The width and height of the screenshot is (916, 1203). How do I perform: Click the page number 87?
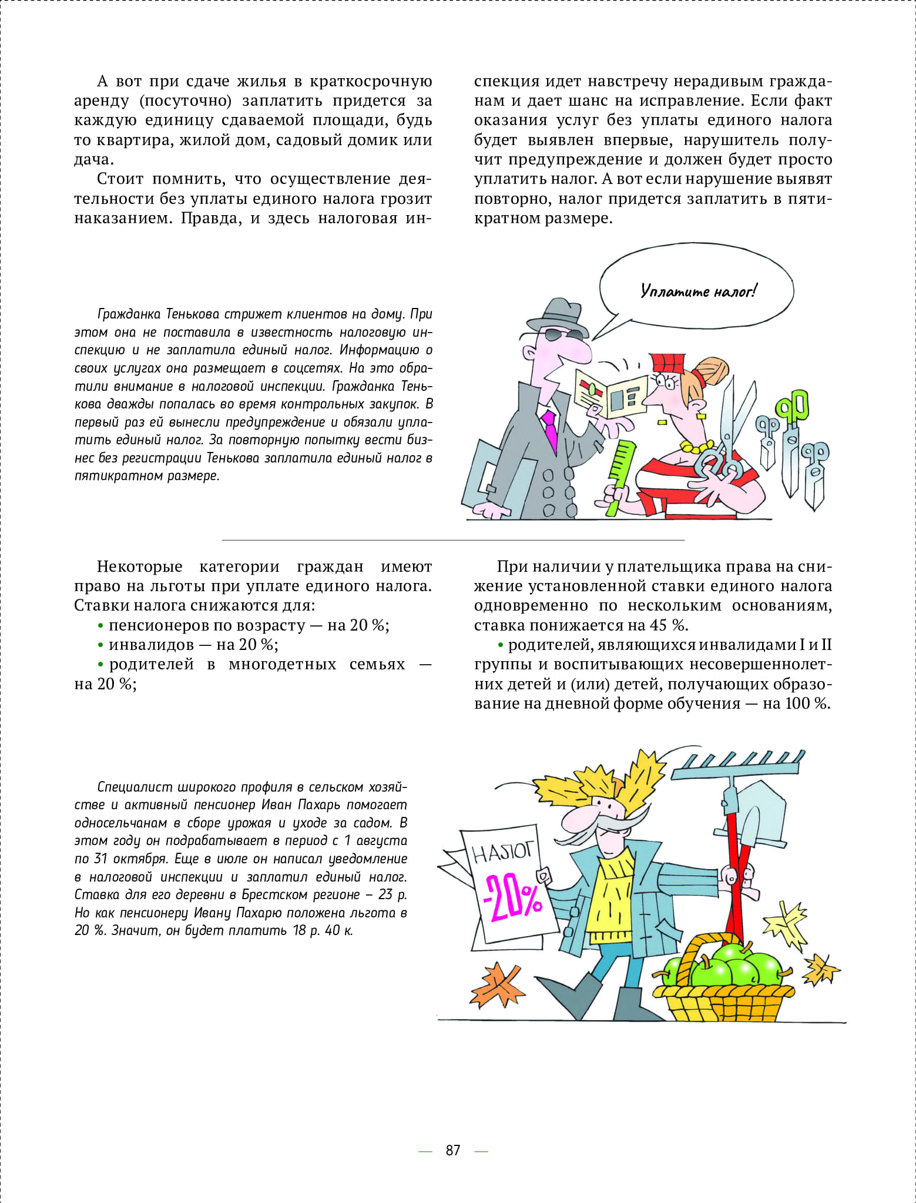[x=452, y=1150]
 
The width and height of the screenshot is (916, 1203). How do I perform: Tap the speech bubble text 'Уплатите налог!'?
[x=698, y=291]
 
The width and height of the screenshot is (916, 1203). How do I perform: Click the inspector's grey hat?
[x=556, y=314]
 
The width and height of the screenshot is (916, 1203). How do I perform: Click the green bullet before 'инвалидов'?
[x=100, y=645]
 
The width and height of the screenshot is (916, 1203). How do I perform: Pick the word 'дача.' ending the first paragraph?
[x=93, y=159]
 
